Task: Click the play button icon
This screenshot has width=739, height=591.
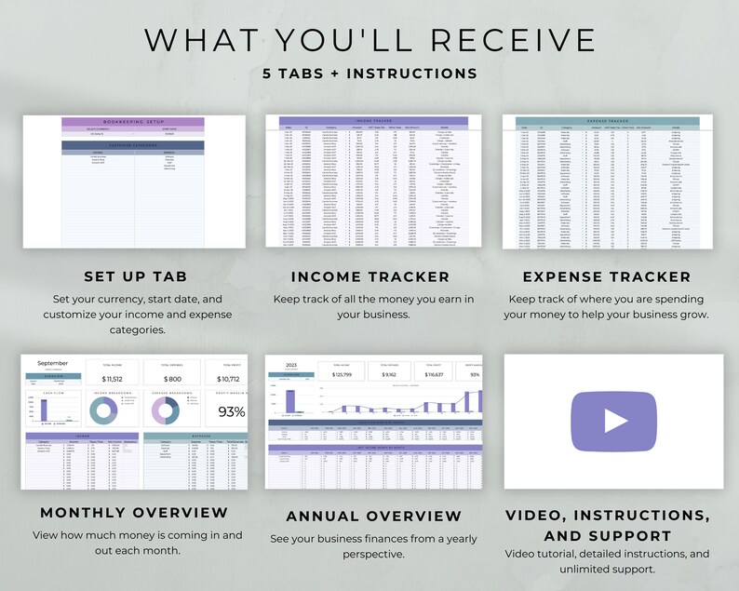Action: point(615,421)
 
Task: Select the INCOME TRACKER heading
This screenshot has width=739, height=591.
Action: point(369,276)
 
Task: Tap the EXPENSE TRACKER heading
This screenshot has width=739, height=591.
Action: point(606,276)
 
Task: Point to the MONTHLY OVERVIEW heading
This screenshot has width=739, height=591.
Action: point(134,512)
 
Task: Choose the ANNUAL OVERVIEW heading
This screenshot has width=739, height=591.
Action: point(373,516)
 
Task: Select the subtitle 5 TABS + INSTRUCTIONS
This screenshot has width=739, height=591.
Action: point(369,74)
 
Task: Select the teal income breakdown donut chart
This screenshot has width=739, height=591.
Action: point(113,413)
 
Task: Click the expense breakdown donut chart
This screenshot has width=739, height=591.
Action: point(171,413)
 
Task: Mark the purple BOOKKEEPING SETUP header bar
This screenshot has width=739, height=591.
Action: point(132,122)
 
